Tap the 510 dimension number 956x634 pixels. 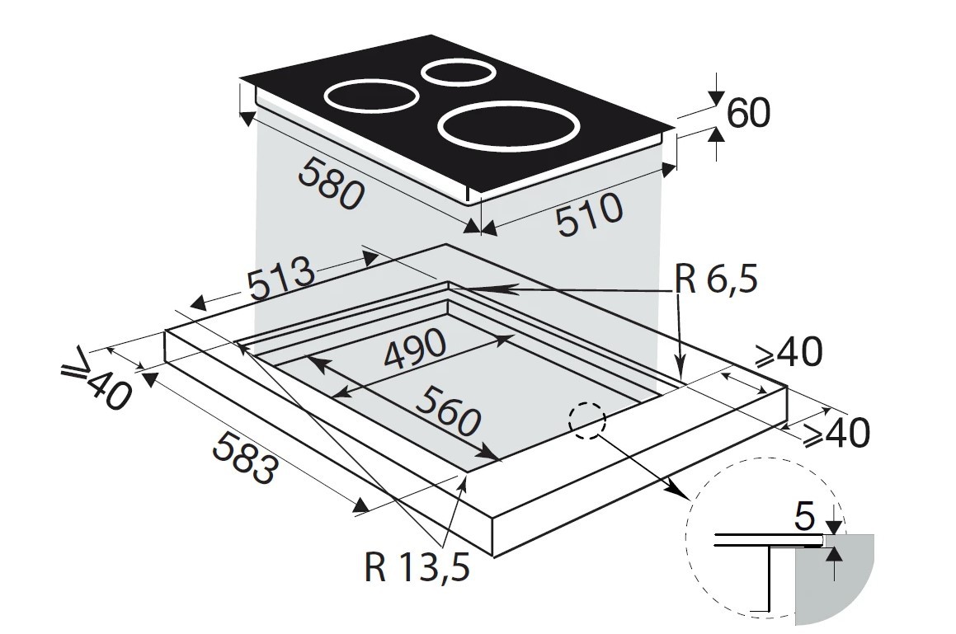(591, 214)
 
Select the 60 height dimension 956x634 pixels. (749, 113)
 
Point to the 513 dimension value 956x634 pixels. (281, 278)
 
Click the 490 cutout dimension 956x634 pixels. (415, 350)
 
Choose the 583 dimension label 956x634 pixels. (242, 458)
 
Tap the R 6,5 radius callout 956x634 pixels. (716, 280)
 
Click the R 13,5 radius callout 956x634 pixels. (417, 567)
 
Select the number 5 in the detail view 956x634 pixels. (805, 517)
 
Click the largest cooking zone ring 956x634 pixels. (508, 127)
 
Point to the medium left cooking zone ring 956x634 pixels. (370, 96)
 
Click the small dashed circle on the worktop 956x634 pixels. (587, 420)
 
